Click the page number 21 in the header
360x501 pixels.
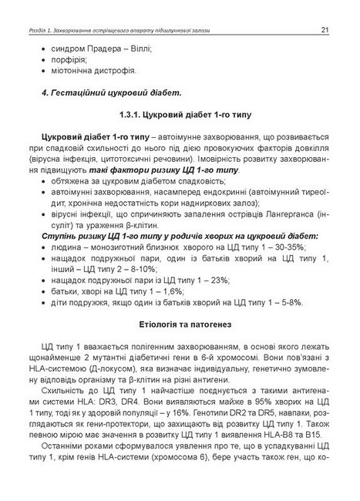pyautogui.click(x=325, y=30)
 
